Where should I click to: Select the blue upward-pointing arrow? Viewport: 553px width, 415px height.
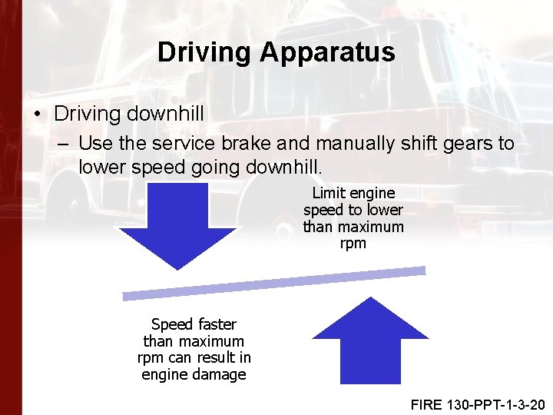(370, 341)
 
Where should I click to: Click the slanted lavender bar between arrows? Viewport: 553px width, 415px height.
(274, 283)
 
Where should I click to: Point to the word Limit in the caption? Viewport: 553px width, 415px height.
(326, 193)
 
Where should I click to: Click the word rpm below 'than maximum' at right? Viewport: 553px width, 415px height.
(353, 244)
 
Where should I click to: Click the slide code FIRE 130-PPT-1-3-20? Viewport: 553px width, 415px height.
(477, 404)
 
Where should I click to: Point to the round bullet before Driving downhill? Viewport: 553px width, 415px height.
(38, 115)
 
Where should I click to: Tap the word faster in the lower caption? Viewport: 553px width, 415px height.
(216, 324)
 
